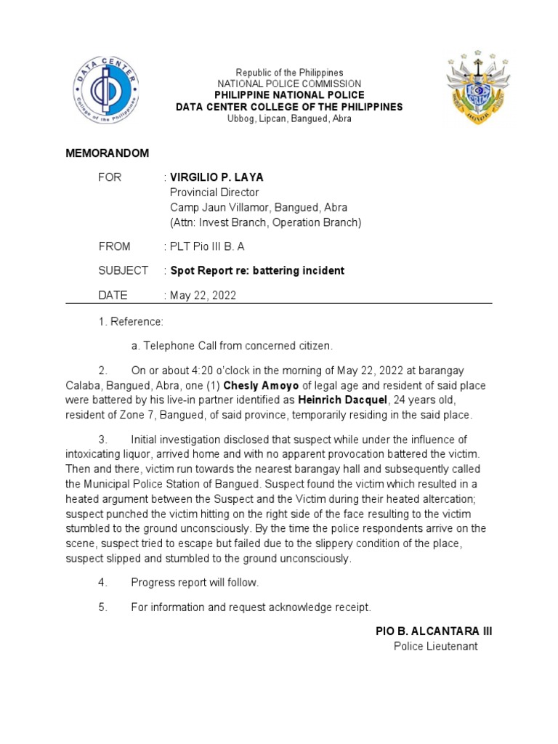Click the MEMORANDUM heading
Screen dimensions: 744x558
click(x=108, y=153)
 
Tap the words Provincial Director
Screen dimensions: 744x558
click(x=214, y=193)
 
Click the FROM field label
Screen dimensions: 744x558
click(x=115, y=246)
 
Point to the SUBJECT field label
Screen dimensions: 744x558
click(x=124, y=270)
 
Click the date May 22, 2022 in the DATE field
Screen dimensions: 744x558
click(x=203, y=295)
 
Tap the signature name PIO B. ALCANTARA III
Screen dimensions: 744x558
click(x=434, y=631)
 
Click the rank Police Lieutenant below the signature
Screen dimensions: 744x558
click(x=436, y=646)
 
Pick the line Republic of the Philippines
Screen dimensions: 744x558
click(x=289, y=73)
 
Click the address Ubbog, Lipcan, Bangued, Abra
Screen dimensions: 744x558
click(x=289, y=118)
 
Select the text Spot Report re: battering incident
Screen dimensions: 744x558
click(x=257, y=270)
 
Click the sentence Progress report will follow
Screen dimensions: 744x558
click(x=194, y=582)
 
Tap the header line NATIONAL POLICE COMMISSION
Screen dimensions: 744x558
click(x=289, y=84)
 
